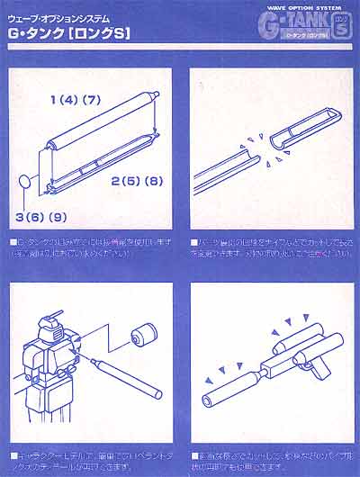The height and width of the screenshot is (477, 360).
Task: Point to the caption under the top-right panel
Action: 269,248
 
